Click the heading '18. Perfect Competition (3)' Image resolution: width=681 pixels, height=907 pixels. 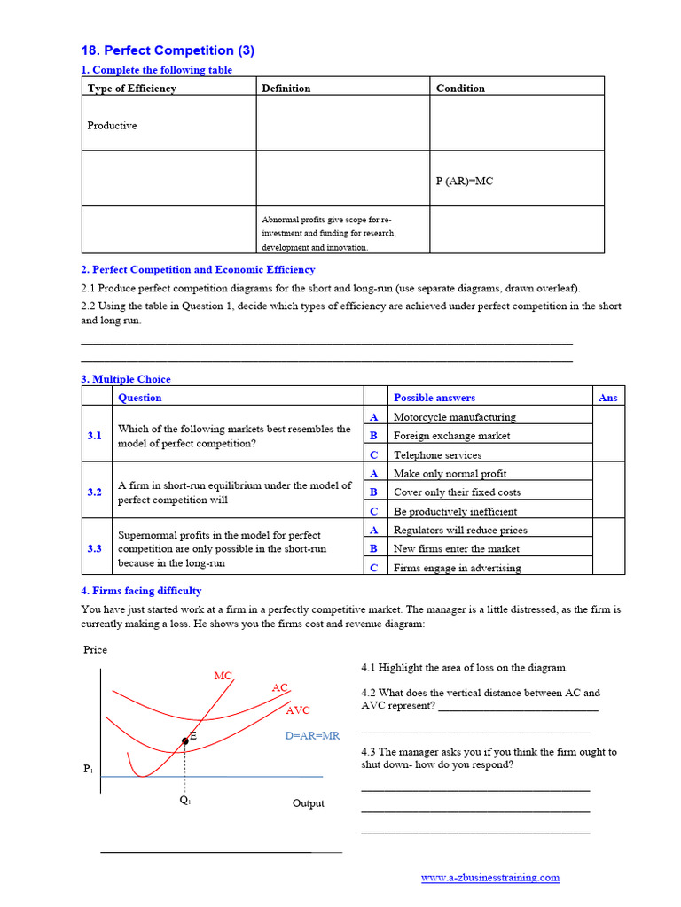[x=168, y=50]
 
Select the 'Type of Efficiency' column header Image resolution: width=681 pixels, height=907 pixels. [x=131, y=89]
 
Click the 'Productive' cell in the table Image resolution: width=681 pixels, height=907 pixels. [x=112, y=126]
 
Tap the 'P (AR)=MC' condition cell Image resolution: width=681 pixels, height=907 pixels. [x=464, y=181]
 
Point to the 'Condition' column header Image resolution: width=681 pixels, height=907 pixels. [x=460, y=89]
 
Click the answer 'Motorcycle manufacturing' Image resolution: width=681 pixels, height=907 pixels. [x=454, y=417]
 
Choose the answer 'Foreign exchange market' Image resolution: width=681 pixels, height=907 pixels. [x=451, y=436]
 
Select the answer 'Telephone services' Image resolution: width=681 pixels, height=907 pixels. [x=437, y=455]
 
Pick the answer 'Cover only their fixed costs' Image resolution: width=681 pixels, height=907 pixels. [x=457, y=492]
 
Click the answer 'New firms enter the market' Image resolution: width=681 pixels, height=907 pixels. [x=456, y=549]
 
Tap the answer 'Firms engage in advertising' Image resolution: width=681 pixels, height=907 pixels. [x=457, y=569]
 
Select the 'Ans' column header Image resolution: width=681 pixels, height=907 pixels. [x=607, y=399]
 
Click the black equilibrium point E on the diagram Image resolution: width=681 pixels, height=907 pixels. [x=185, y=740]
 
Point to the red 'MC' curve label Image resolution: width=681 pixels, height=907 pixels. [x=223, y=676]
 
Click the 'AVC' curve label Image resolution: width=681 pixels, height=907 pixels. [x=298, y=710]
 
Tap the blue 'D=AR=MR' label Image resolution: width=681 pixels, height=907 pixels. [x=312, y=736]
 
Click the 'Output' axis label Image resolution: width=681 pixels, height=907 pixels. [x=308, y=803]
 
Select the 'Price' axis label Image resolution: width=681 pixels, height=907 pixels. [x=95, y=650]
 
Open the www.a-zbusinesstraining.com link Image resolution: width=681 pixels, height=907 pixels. [x=489, y=878]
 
